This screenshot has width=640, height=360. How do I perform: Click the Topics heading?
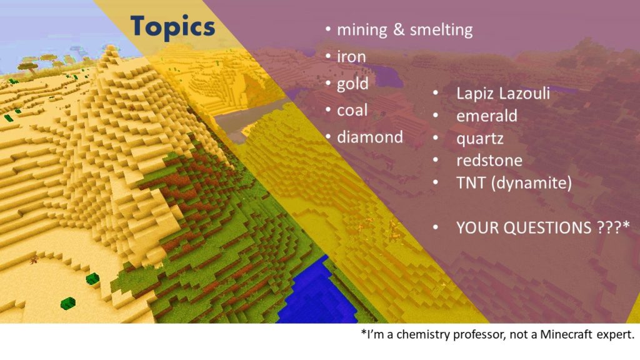pos(172,27)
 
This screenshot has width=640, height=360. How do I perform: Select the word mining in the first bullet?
pos(362,30)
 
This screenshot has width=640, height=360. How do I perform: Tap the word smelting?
pos(441,30)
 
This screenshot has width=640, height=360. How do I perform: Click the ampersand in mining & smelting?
pos(399,30)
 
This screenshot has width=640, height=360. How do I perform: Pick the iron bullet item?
pos(351,57)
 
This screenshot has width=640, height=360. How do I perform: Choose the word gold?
pos(352,84)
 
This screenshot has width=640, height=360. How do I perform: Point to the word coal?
pos(352,110)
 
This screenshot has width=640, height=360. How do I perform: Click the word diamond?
pos(370,137)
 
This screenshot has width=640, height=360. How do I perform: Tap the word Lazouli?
pos(524,93)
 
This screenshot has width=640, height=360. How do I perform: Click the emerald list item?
pos(486,116)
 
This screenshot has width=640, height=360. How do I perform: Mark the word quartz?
pos(479,139)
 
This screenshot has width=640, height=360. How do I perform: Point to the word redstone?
pos(489,161)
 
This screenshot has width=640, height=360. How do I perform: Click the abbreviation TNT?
pos(471,183)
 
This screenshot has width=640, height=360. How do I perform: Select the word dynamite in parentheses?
pos(531,183)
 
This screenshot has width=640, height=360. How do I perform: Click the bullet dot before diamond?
pos(329,137)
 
